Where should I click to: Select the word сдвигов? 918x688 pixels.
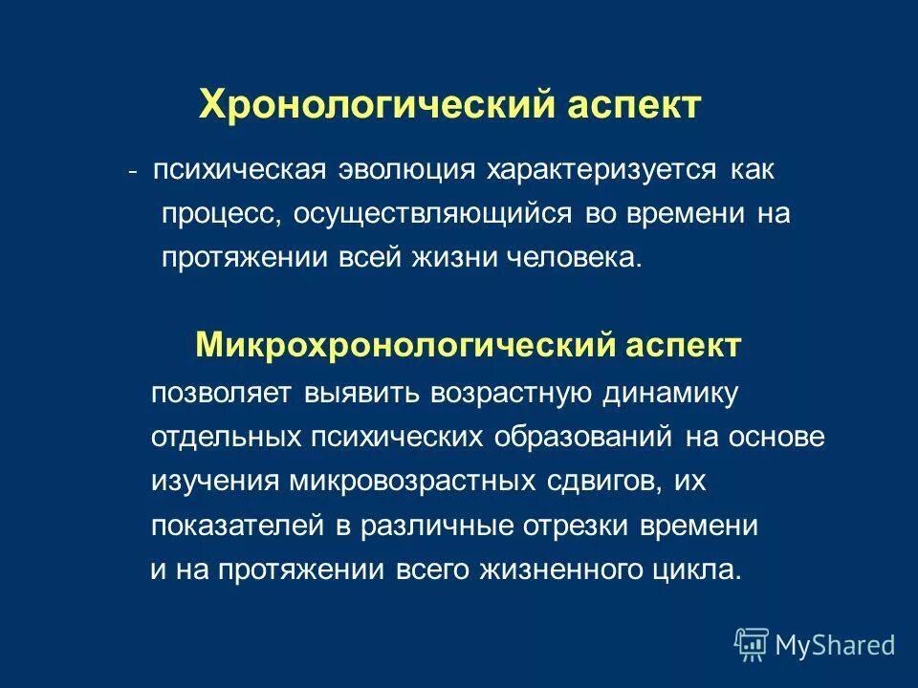pos(596,481)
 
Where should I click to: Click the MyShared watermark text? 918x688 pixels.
pos(835,645)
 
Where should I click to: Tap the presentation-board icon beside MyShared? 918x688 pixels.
pos(752,644)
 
